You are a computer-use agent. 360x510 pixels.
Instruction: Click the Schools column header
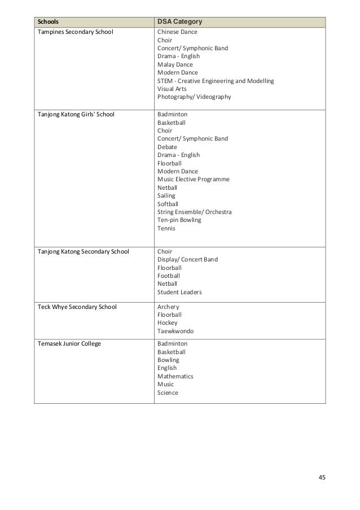click(47, 22)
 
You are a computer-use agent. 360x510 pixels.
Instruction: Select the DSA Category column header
click(180, 22)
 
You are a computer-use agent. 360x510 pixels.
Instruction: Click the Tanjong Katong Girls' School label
click(76, 114)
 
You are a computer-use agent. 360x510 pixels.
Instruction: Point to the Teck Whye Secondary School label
click(77, 307)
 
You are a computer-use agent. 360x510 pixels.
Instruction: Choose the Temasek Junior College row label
click(69, 343)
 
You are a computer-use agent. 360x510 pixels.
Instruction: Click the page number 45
click(322, 478)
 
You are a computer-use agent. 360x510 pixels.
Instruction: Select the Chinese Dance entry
click(177, 32)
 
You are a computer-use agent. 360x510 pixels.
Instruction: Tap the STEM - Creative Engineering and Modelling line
click(216, 81)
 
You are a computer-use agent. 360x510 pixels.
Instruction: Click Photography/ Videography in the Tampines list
click(194, 97)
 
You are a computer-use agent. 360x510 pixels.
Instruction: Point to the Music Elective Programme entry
click(194, 179)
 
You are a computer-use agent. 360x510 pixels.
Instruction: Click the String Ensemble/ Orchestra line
click(195, 212)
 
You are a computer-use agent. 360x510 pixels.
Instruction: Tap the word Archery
click(169, 307)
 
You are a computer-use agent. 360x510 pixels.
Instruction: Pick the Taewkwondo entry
click(174, 332)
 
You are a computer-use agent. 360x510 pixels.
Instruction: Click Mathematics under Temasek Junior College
click(175, 376)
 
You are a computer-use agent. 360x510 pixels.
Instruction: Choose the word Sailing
click(166, 195)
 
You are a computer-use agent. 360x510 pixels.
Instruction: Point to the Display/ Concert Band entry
click(187, 260)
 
